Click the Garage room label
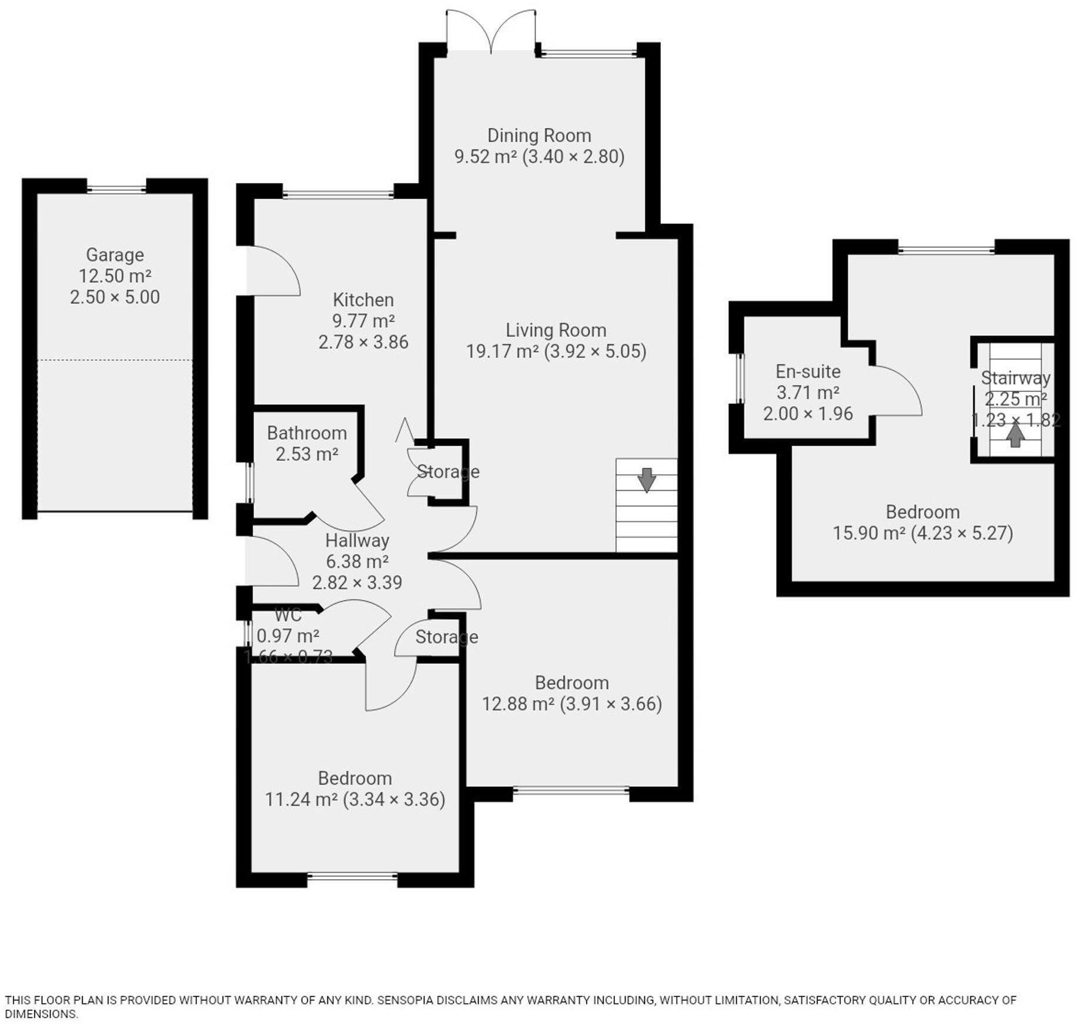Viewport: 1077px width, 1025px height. click(115, 255)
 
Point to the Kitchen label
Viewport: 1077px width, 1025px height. click(363, 300)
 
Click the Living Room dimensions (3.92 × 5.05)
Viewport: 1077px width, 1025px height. click(595, 351)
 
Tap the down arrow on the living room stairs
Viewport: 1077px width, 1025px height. click(646, 480)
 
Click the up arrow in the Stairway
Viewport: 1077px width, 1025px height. click(1015, 436)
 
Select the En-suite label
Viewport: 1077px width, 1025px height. click(808, 371)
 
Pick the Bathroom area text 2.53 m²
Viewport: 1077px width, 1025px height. click(307, 454)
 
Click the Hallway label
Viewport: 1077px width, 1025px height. click(357, 540)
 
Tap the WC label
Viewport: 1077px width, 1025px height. click(288, 615)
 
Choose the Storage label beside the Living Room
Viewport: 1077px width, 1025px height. click(448, 471)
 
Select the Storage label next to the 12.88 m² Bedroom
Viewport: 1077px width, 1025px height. click(446, 637)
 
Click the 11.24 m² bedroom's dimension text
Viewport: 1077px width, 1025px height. click(394, 799)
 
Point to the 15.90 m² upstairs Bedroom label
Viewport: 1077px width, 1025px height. click(922, 512)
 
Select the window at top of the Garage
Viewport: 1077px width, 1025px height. click(116, 189)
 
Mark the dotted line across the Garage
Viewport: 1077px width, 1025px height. click(115, 360)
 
